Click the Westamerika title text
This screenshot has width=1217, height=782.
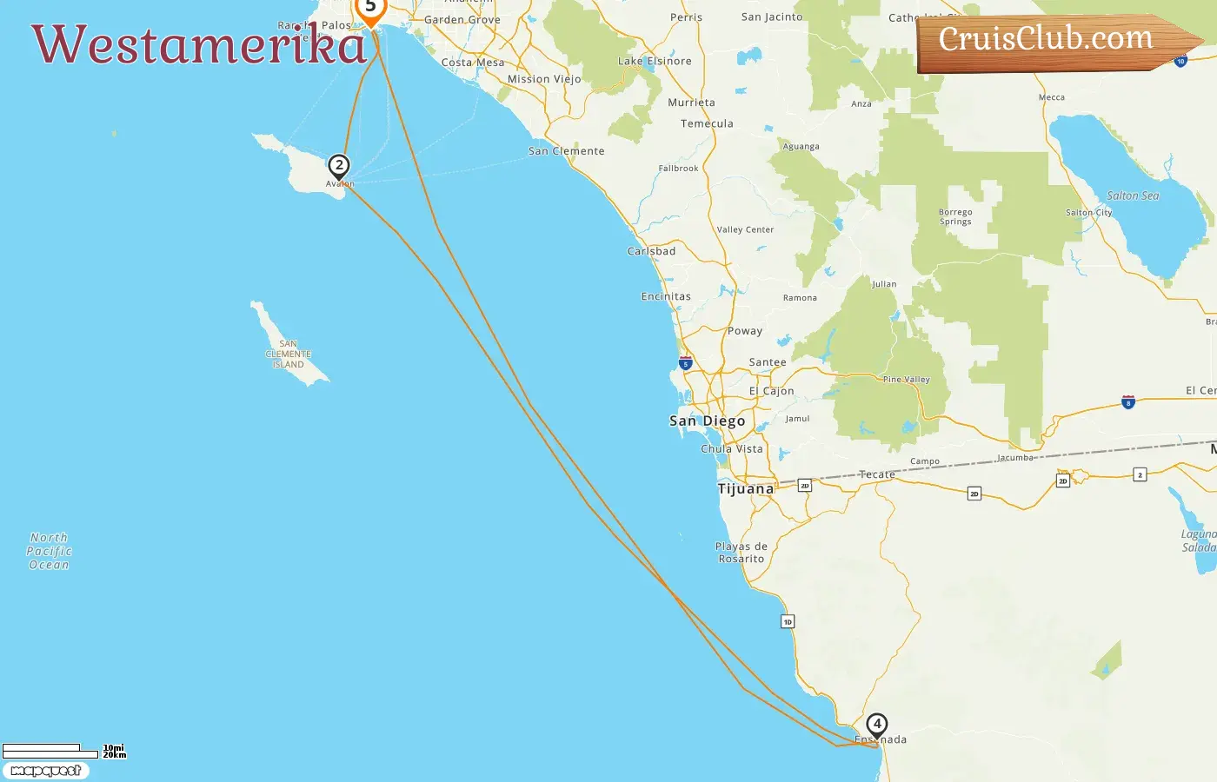[199, 45]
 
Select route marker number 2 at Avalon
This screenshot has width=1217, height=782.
[339, 165]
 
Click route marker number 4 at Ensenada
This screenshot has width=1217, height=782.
[877, 724]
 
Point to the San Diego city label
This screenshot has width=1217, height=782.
[707, 421]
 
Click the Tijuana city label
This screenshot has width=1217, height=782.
[745, 489]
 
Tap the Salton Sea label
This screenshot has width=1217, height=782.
[1133, 196]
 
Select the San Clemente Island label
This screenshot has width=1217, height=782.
[289, 355]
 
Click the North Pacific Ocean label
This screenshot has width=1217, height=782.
[49, 552]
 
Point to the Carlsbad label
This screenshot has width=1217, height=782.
[651, 252]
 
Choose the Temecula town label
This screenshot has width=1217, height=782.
[707, 124]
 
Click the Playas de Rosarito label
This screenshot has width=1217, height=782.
[742, 553]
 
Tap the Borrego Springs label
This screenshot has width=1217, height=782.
[955, 217]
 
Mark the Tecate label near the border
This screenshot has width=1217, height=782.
[876, 474]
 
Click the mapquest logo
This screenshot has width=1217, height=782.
[46, 771]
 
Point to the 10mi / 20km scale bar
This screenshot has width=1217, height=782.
[52, 751]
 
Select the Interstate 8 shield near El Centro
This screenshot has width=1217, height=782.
[1128, 402]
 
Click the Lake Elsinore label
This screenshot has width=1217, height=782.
[655, 62]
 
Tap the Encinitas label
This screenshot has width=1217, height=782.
[666, 297]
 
